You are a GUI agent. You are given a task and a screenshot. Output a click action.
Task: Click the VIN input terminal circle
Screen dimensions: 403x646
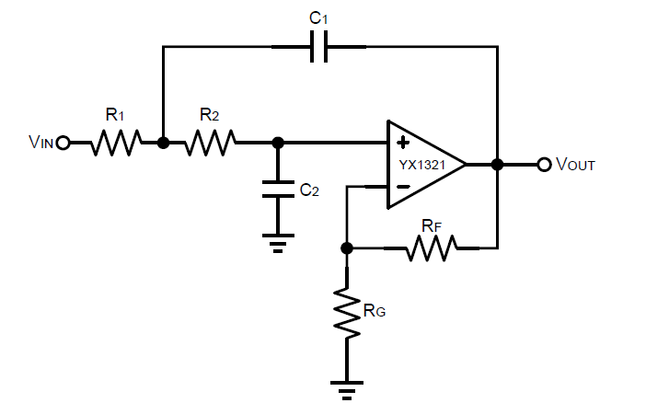click(63, 143)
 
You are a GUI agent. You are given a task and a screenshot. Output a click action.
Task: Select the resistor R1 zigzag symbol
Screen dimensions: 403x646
click(115, 143)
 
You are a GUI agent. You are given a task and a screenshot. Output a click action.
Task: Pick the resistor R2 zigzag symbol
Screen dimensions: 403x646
click(211, 143)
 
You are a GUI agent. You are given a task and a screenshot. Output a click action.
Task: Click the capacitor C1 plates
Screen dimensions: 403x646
click(319, 47)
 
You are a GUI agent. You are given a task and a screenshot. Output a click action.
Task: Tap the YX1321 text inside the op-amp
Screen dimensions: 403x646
click(420, 165)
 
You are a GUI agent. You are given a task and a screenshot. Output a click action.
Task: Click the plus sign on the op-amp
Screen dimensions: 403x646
click(402, 144)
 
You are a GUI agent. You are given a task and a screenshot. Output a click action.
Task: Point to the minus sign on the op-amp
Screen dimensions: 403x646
click(402, 187)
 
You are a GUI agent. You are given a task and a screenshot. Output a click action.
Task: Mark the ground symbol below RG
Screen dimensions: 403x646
click(347, 388)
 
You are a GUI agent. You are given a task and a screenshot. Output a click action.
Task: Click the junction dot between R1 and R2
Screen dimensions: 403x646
click(163, 143)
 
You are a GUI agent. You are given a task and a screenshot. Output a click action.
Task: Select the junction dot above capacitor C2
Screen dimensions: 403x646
click(278, 143)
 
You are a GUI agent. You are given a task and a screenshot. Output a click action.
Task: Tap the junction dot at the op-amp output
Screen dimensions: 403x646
click(497, 165)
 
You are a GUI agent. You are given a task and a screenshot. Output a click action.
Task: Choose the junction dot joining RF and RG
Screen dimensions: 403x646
click(347, 248)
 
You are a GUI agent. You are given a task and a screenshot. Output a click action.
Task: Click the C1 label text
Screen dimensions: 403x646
click(320, 19)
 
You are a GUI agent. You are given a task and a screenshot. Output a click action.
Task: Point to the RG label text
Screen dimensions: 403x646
click(374, 311)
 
